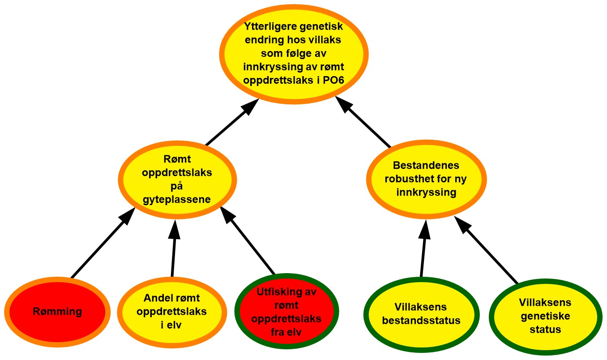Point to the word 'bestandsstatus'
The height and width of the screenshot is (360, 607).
tap(421, 321)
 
